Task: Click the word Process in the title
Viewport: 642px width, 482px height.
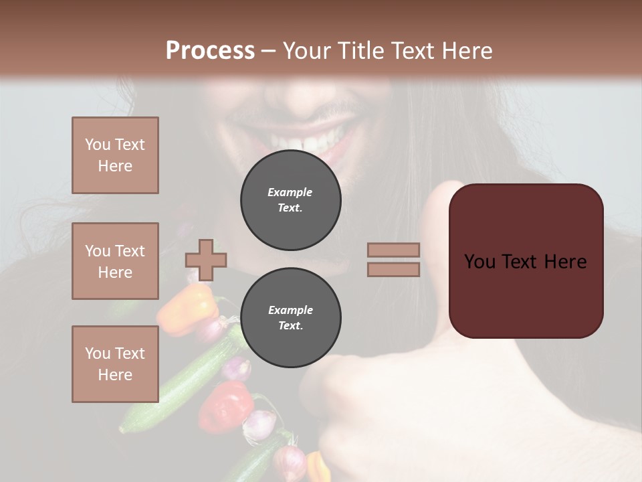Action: (x=210, y=51)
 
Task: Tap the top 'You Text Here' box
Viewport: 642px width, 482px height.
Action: (x=115, y=155)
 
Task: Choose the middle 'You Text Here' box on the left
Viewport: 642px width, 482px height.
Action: (x=115, y=261)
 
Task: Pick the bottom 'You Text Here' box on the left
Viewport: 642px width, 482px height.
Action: (x=115, y=364)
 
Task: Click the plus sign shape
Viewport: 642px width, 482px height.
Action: (x=206, y=260)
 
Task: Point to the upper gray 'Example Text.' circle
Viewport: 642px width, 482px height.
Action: (x=290, y=199)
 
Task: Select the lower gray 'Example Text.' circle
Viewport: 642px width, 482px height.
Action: (x=290, y=317)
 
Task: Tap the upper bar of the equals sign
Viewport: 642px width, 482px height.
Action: (x=393, y=250)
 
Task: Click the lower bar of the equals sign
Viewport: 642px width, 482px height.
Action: (x=393, y=269)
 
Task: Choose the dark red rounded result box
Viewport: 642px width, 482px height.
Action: (x=526, y=261)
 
